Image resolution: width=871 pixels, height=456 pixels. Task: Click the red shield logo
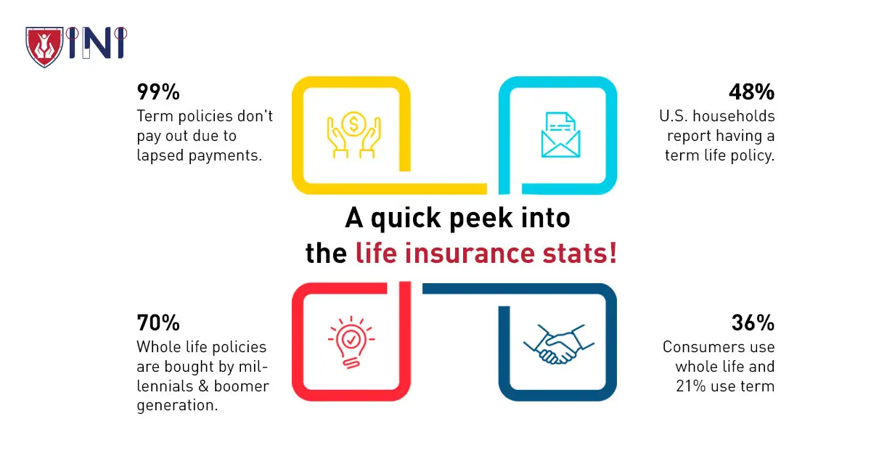coord(44,46)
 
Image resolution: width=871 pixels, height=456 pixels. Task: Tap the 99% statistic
coord(158,92)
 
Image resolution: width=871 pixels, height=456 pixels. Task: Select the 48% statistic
coord(751,92)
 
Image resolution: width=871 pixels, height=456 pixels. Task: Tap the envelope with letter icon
coord(560,134)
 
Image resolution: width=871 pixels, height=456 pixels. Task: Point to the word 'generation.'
coord(177,405)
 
